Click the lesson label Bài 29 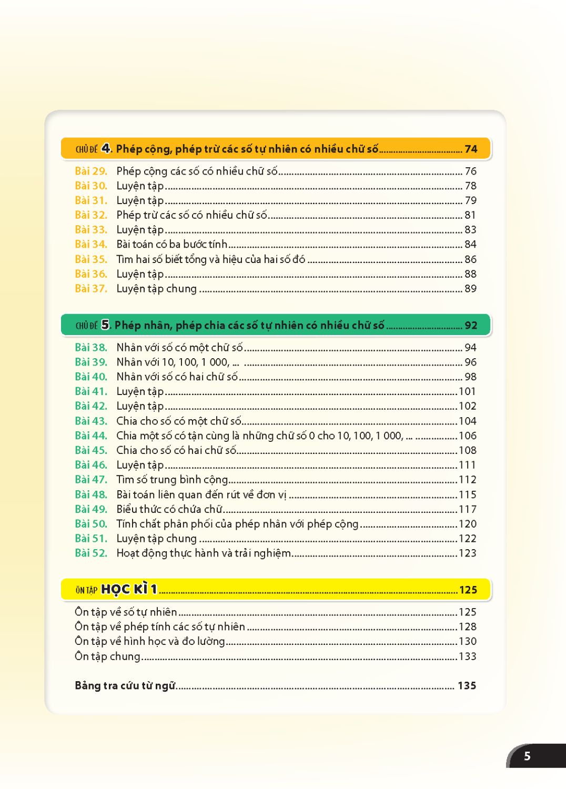pyautogui.click(x=90, y=171)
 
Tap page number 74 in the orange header pyautogui.click(x=471, y=149)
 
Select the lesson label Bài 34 pyautogui.click(x=90, y=244)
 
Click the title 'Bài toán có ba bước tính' pyautogui.click(x=171, y=244)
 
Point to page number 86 pyautogui.click(x=470, y=259)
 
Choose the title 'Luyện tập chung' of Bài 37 pyautogui.click(x=156, y=289)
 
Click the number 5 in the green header pyautogui.click(x=106, y=325)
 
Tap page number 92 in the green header pyautogui.click(x=471, y=325)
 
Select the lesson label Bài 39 pyautogui.click(x=90, y=362)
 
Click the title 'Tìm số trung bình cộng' pyautogui.click(x=172, y=480)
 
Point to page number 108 pyautogui.click(x=467, y=450)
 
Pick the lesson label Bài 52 pyautogui.click(x=90, y=553)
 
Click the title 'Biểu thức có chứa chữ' pyautogui.click(x=169, y=509)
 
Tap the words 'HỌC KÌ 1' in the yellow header pyautogui.click(x=128, y=589)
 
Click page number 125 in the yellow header pyautogui.click(x=468, y=590)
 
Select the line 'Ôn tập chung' pyautogui.click(x=107, y=656)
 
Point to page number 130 pyautogui.click(x=467, y=641)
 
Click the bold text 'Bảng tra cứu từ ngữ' pyautogui.click(x=125, y=685)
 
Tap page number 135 pyautogui.click(x=467, y=685)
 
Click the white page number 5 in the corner pyautogui.click(x=527, y=756)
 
